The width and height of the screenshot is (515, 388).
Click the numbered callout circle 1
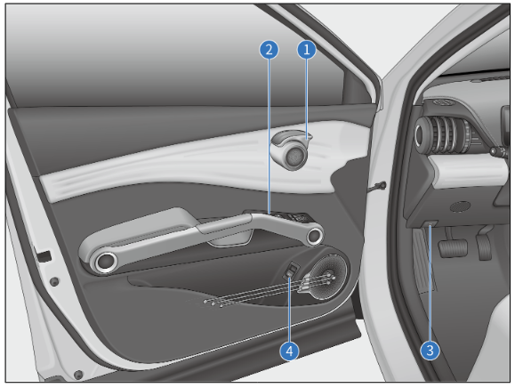tap(307, 51)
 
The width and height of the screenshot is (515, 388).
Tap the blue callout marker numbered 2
tap(266, 51)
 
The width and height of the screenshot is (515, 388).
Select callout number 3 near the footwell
tap(431, 350)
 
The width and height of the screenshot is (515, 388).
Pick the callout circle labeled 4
tap(288, 350)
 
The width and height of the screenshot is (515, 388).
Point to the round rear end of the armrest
tap(104, 262)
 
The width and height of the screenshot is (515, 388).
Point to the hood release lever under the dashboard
tap(431, 228)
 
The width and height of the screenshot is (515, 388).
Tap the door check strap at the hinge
tap(380, 187)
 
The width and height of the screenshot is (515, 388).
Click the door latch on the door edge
tap(40, 257)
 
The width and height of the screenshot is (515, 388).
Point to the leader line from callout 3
tap(431, 285)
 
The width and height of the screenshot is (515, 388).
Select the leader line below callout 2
tap(267, 133)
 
